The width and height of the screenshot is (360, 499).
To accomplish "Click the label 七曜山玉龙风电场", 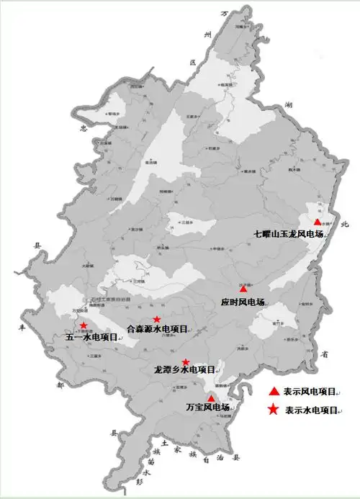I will (x=290, y=234).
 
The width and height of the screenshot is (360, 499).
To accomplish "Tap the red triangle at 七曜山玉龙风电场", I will (x=318, y=222).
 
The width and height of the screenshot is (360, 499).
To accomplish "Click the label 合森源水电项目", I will (x=157, y=329).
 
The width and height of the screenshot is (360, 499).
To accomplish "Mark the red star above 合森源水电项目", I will (x=157, y=319).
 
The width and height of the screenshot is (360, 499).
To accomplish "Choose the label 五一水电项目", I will (x=91, y=336).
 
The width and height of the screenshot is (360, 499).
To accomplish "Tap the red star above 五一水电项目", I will (x=84, y=325).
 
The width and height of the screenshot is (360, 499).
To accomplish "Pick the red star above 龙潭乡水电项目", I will (x=186, y=361).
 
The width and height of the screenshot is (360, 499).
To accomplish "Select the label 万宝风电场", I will (x=207, y=408).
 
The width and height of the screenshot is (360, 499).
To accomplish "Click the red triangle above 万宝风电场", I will (x=211, y=398).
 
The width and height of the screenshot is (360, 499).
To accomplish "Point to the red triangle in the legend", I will (x=274, y=392).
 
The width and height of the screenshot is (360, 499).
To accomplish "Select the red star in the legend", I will (x=274, y=410).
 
